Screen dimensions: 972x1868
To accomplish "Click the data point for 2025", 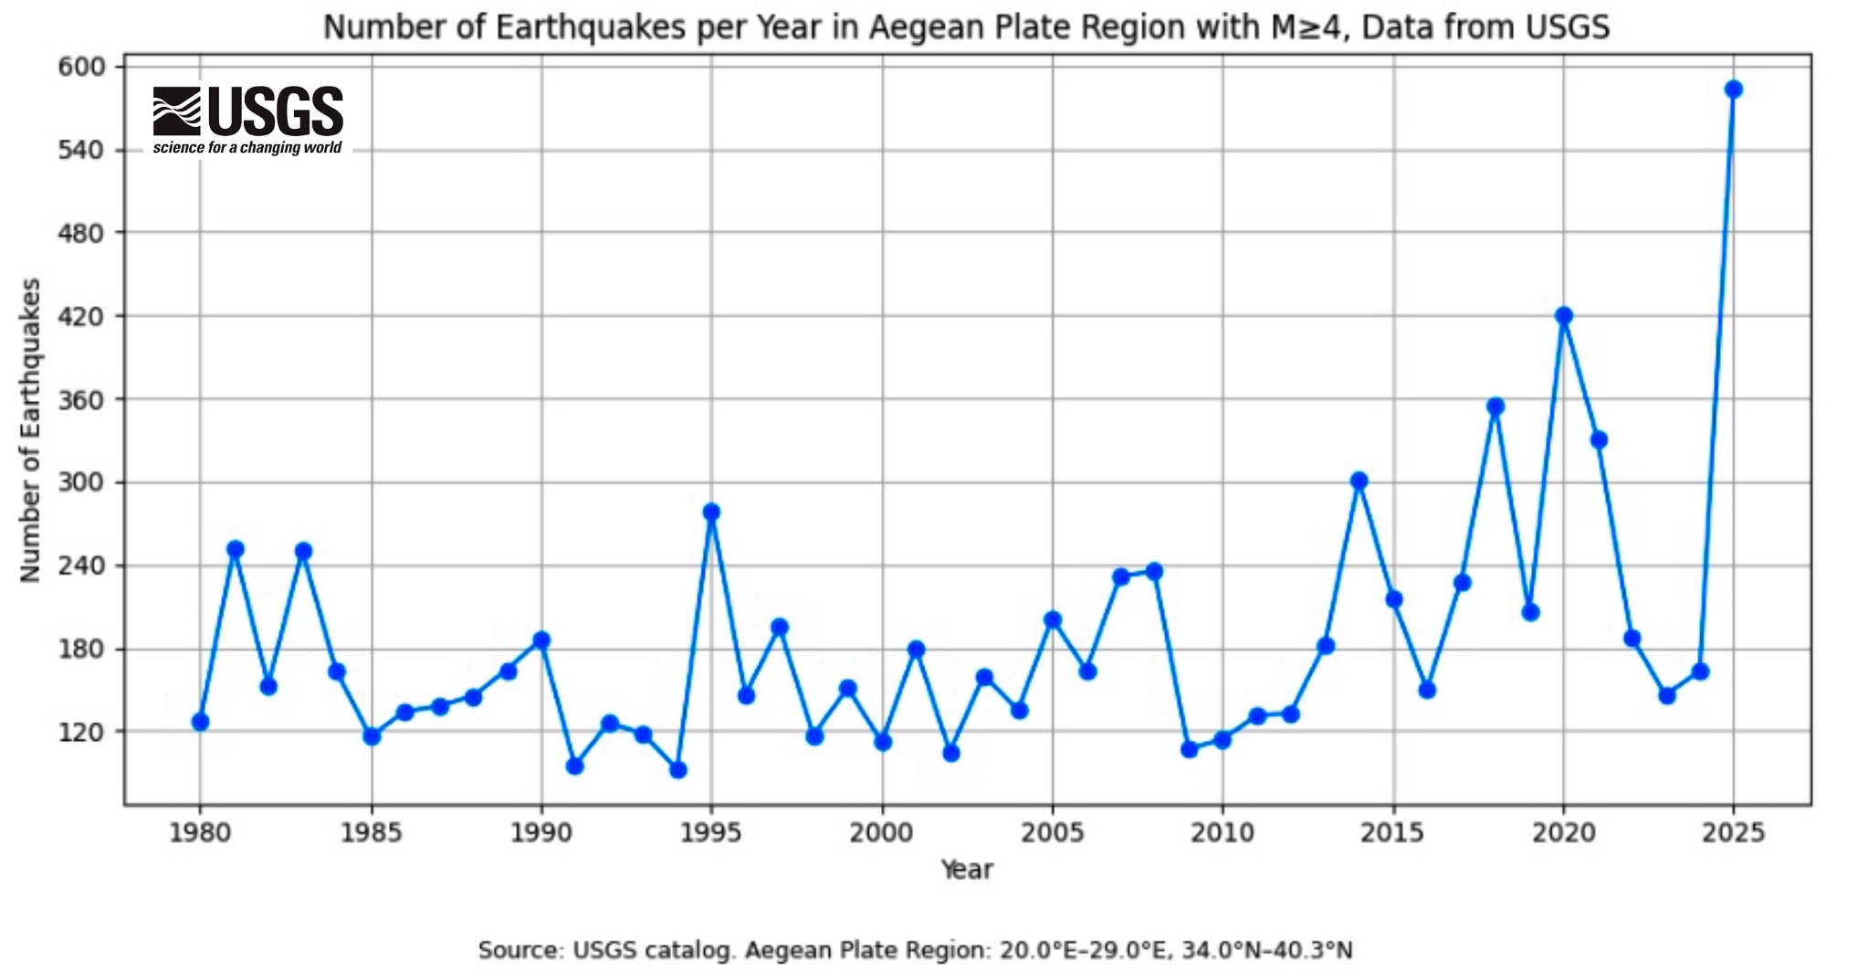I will (x=1733, y=89).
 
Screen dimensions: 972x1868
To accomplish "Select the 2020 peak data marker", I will (x=1563, y=316).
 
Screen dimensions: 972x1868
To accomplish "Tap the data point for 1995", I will (x=711, y=512).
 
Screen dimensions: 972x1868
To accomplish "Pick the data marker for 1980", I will (x=200, y=722).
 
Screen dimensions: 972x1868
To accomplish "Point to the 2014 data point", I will (x=1359, y=481).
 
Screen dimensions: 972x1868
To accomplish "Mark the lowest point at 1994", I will (x=677, y=770).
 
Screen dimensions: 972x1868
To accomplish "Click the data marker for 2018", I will (x=1495, y=407).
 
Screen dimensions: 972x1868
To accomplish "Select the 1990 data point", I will (x=541, y=639).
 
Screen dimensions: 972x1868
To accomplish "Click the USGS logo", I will (x=247, y=111).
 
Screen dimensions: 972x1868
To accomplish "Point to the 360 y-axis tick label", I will (x=81, y=400).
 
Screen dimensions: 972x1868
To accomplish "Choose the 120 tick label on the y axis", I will (x=81, y=733).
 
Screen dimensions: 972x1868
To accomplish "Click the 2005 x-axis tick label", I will (x=1052, y=833).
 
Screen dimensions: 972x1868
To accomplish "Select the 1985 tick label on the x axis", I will (x=371, y=833).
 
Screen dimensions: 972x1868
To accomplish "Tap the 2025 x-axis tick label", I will (x=1733, y=833).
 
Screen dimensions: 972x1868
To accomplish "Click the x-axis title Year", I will (x=966, y=869).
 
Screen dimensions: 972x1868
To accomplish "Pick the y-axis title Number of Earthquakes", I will (x=31, y=429).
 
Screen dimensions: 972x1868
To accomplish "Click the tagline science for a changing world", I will (x=247, y=148).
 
